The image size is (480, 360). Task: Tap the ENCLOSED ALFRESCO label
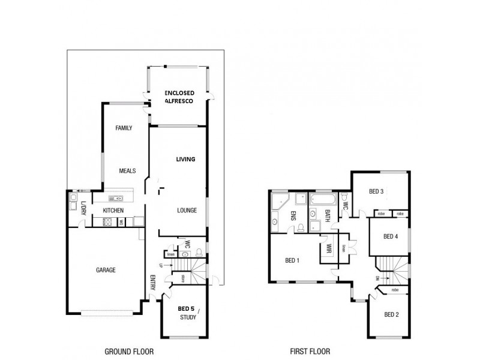(x=178, y=98)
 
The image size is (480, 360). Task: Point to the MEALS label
(x=127, y=170)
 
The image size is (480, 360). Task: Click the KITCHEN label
(x=113, y=211)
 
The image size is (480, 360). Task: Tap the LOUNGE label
(x=187, y=211)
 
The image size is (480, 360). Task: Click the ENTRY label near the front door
(x=152, y=283)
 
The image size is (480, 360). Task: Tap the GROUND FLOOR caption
(x=129, y=352)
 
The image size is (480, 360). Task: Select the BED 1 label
(x=292, y=260)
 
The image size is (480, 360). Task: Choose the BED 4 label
(x=391, y=236)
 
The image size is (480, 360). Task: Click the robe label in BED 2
(x=394, y=290)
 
